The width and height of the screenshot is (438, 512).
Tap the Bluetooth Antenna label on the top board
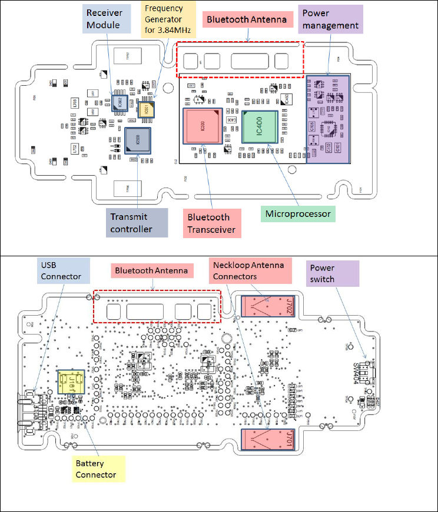247,20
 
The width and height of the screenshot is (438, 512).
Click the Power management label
330,19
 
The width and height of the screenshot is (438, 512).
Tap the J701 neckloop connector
268,439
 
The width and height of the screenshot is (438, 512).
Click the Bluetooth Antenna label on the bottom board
151,270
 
